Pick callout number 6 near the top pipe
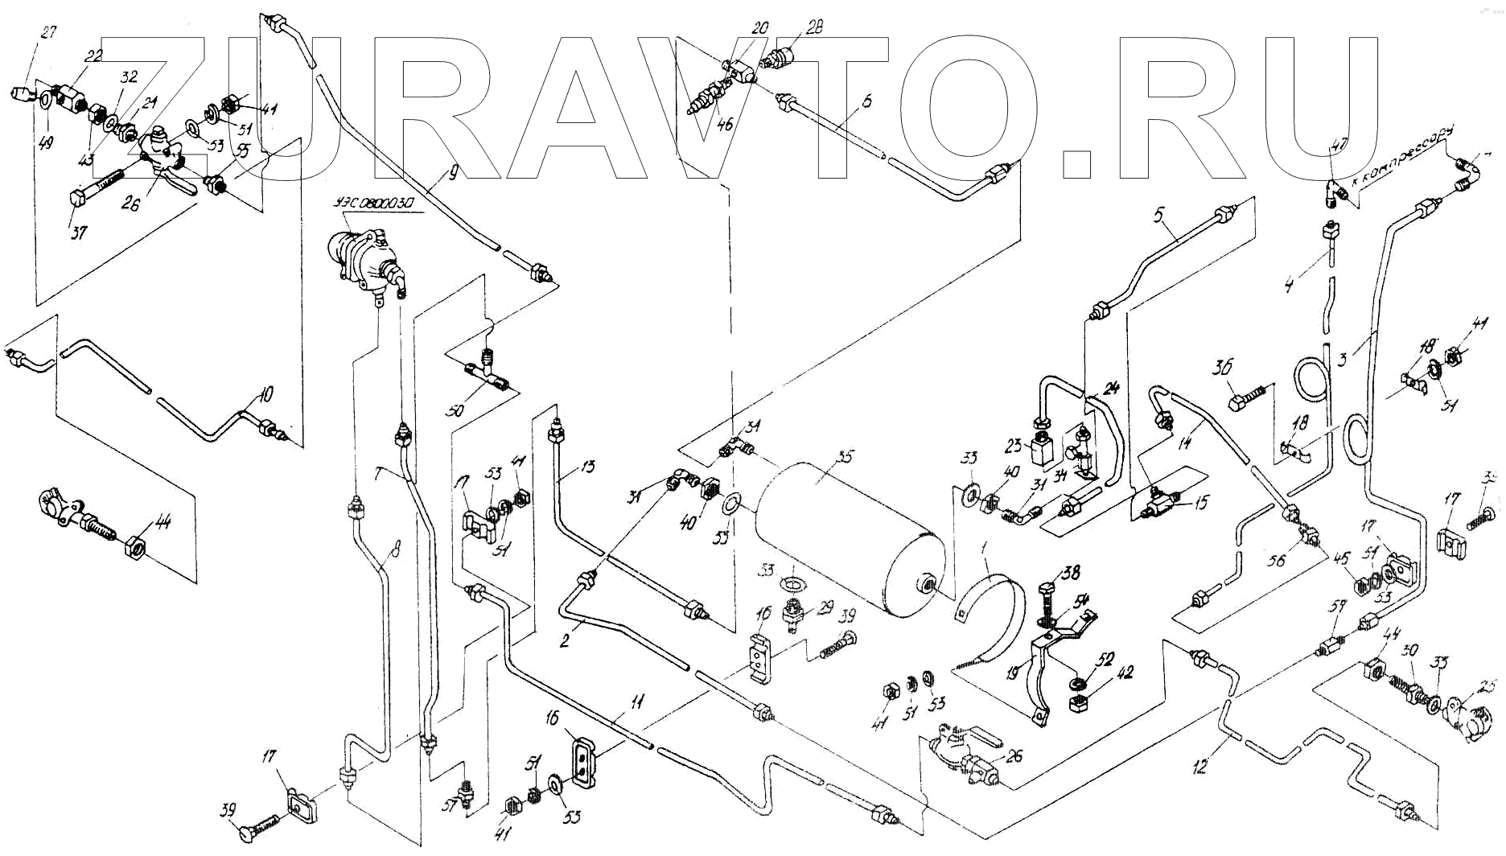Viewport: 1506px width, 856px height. click(843, 102)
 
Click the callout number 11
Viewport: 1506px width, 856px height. click(636, 703)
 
